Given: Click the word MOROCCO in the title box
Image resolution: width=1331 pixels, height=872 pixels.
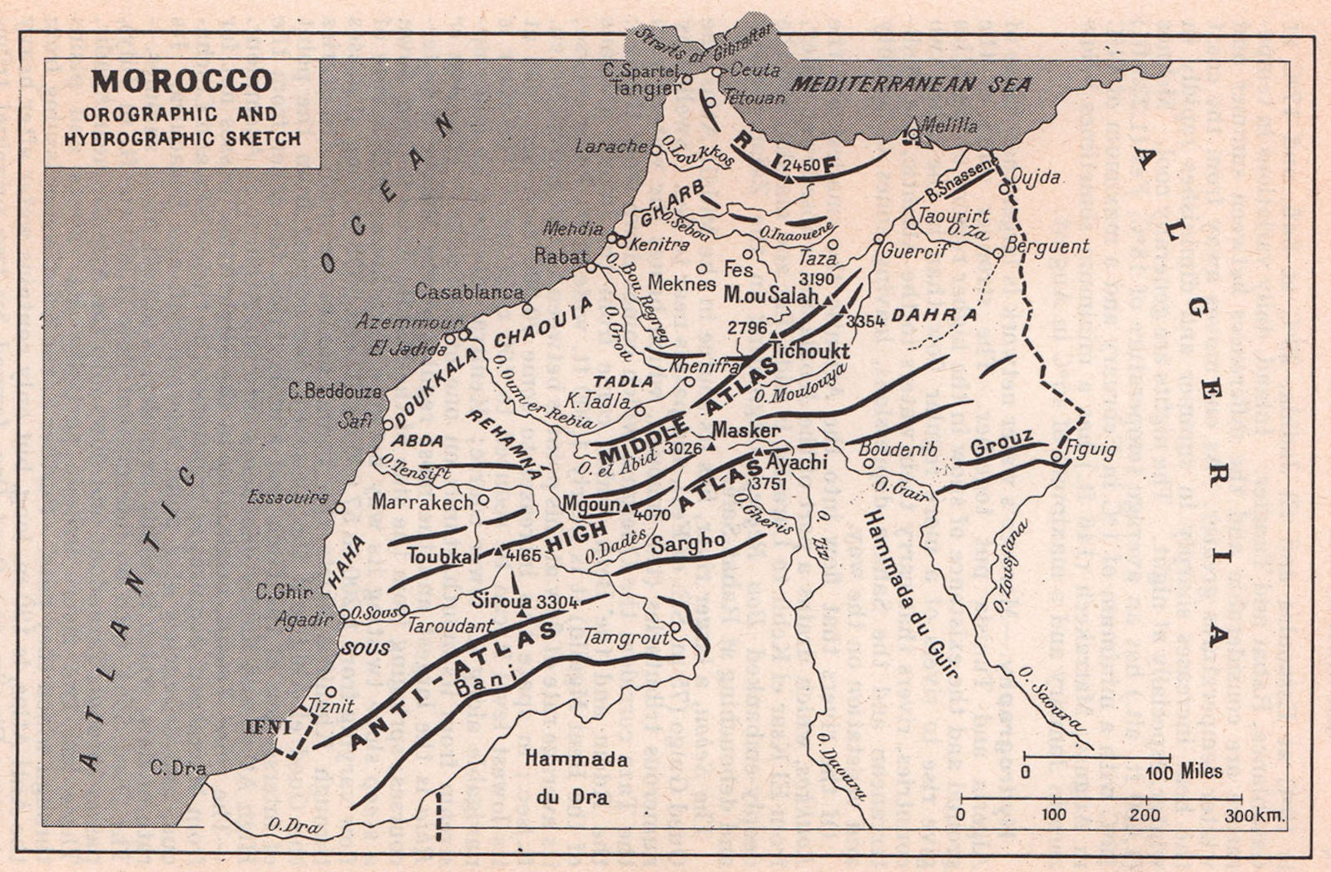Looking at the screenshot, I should coord(182,81).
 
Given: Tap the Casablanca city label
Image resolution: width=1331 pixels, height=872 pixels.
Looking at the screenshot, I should coord(469,291).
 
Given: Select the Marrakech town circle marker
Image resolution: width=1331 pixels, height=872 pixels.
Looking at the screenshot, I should coord(483,500).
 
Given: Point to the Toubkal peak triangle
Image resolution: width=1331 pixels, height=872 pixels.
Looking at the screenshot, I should coord(497,550).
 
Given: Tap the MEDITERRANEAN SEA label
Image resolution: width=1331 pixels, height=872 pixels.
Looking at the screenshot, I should coord(911,84).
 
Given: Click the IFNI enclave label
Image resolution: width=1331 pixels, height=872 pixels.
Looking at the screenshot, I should coord(266,727).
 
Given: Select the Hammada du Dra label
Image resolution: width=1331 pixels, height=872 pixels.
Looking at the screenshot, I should coord(576,777).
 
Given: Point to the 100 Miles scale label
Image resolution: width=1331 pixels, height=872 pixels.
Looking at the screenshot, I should coord(1184,771).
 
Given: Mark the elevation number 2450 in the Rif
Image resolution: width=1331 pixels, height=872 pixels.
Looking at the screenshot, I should coord(801,165).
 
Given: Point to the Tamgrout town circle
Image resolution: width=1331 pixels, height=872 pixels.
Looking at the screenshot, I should coord(675,627).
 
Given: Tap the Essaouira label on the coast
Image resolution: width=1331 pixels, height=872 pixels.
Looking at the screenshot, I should coord(288,498).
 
